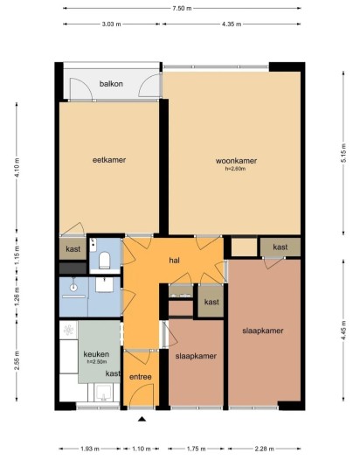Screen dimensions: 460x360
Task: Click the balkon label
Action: (x=110, y=84)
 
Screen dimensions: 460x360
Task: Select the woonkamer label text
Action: (x=236, y=161)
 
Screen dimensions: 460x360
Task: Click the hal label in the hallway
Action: (x=174, y=261)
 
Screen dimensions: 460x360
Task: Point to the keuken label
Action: (x=96, y=354)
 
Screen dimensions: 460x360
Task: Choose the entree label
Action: (x=140, y=377)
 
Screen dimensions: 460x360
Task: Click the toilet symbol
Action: (x=104, y=259)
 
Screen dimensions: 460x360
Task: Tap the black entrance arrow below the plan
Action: (x=141, y=421)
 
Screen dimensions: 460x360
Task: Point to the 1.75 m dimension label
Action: (x=196, y=448)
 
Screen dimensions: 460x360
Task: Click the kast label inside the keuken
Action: (x=113, y=373)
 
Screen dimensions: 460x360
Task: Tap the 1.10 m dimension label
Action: (x=141, y=448)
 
